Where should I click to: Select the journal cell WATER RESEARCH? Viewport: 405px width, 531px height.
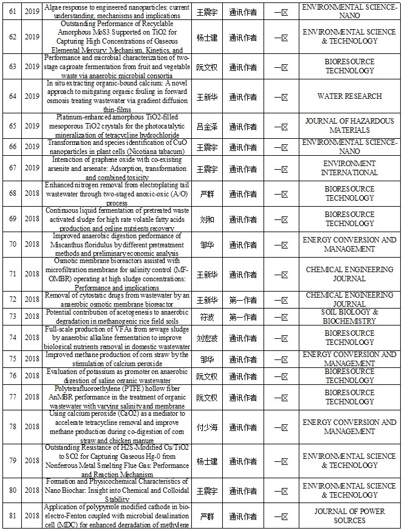pyautogui.click(x=350, y=96)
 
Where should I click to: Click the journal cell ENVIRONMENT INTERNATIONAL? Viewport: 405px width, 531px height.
pyautogui.click(x=350, y=168)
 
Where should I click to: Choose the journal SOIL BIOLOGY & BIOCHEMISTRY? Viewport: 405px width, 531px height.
pyautogui.click(x=350, y=317)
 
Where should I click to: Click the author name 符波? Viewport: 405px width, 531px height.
pyautogui.click(x=207, y=317)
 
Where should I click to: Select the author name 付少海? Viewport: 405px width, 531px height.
pyautogui.click(x=207, y=427)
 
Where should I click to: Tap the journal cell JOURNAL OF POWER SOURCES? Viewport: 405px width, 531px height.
pyautogui.click(x=350, y=516)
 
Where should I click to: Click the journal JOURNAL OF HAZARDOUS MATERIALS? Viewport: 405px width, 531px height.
pyautogui.click(x=350, y=125)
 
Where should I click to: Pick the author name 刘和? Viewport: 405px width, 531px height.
pyautogui.click(x=207, y=219)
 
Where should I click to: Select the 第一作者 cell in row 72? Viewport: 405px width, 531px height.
pyautogui.click(x=243, y=299)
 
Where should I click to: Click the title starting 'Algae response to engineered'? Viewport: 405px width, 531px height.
pyautogui.click(x=117, y=11)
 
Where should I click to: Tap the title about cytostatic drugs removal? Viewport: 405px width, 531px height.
pyautogui.click(x=117, y=299)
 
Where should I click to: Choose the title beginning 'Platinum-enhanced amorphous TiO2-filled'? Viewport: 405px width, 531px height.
pyautogui.click(x=117, y=126)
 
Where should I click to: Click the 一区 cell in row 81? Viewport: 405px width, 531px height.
pyautogui.click(x=281, y=516)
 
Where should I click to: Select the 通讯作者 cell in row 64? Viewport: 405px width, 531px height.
pyautogui.click(x=243, y=96)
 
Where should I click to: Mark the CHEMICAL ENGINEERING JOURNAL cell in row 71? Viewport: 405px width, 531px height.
pyautogui.click(x=350, y=274)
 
